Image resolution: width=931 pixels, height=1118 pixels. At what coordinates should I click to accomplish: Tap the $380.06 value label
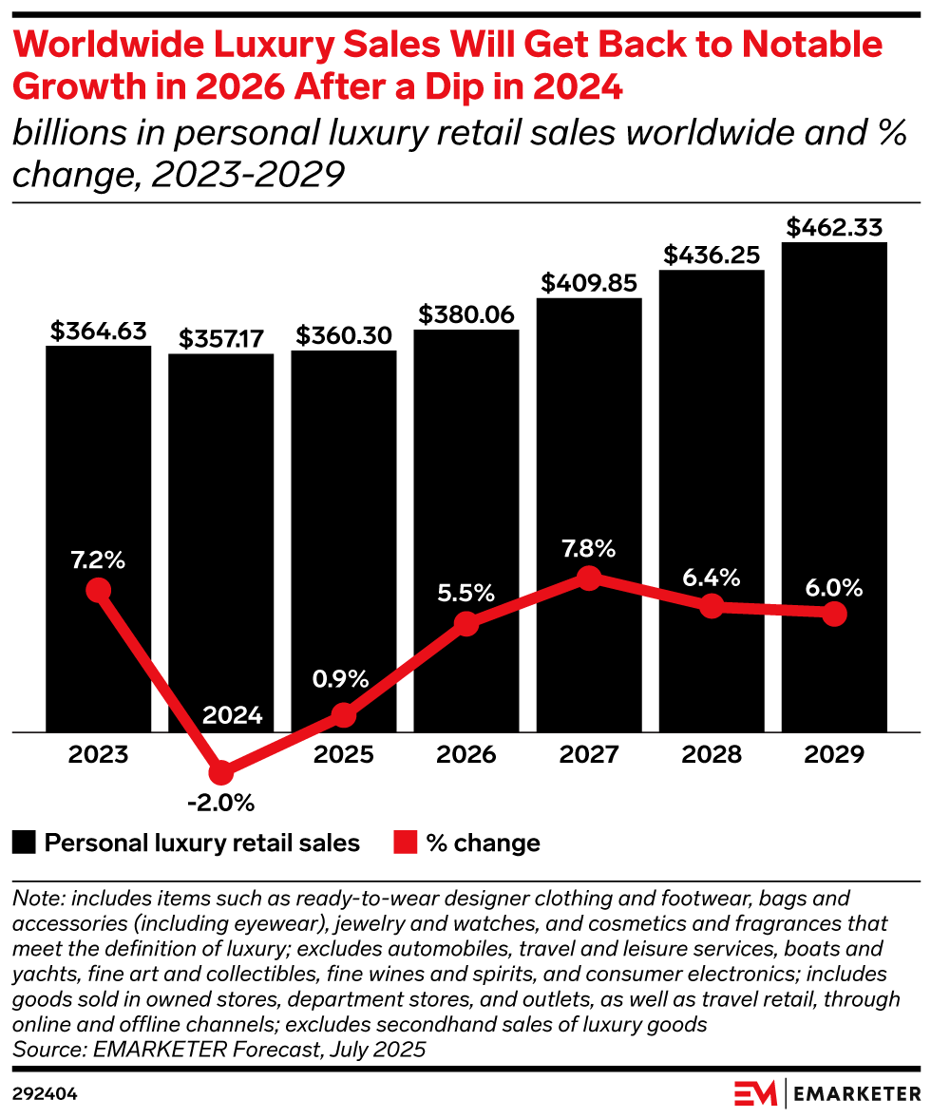pos(466,314)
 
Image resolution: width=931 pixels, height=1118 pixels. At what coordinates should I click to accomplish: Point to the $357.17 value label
pos(221,339)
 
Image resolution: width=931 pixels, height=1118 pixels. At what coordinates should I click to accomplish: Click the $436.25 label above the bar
pos(712,255)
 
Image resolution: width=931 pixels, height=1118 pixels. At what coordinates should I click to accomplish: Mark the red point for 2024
pos(221,772)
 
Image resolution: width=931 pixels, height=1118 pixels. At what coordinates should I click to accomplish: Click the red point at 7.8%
pos(589,578)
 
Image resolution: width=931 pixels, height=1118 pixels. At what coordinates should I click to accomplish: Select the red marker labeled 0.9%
pos(344,715)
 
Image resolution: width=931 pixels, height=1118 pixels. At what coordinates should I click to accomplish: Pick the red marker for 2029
pos(834,615)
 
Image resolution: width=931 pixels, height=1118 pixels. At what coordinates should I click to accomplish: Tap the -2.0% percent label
pos(221,804)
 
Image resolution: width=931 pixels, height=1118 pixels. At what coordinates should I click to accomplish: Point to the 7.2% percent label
pos(99,559)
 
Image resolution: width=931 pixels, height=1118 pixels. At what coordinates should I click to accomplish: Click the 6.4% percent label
pos(712,578)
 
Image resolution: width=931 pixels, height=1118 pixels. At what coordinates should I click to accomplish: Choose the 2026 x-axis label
pos(466,755)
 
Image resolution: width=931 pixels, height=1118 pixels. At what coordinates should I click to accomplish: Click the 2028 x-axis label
pos(712,755)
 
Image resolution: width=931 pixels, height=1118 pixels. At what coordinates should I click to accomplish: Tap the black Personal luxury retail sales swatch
pos(26,843)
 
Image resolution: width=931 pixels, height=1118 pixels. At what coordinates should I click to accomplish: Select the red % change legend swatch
pos(406,843)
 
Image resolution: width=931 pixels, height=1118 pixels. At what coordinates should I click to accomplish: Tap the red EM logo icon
pos(755,1093)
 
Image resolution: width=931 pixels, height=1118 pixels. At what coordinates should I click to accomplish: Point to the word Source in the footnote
pos(45,1050)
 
